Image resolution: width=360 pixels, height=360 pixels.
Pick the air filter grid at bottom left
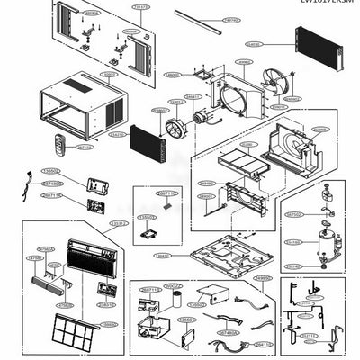pos(76,332)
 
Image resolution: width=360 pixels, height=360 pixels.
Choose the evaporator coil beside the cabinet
pos(147,140)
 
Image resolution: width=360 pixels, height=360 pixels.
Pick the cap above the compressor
pos(322,215)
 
